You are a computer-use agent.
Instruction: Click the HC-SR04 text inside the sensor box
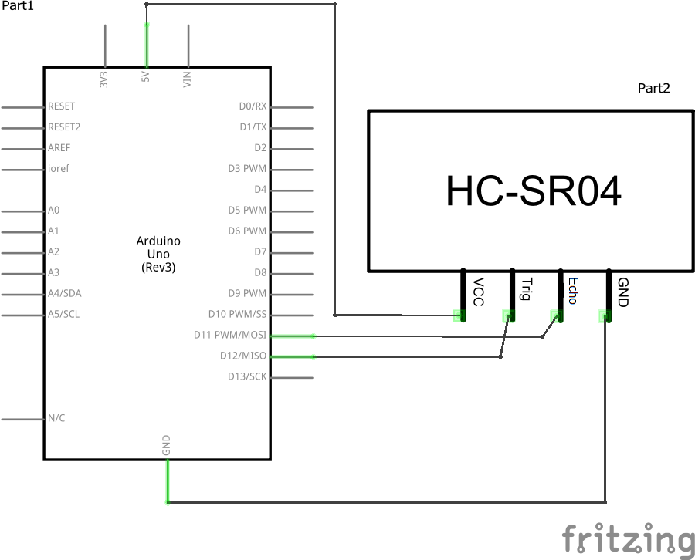(x=534, y=191)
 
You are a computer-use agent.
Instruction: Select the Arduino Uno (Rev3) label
(x=158, y=254)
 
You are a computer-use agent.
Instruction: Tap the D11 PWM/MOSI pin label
(x=230, y=335)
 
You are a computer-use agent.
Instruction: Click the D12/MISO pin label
(x=242, y=356)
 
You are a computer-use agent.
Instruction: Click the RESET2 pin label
(x=64, y=127)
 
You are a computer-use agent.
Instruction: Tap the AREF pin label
(x=59, y=148)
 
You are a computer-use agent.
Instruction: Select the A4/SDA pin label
(x=63, y=294)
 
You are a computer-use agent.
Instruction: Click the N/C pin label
(x=56, y=418)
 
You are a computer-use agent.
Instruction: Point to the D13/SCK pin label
(x=246, y=376)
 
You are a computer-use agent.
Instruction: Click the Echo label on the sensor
(x=572, y=291)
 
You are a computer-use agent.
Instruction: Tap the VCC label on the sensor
(x=478, y=292)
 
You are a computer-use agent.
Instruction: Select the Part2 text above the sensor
(x=653, y=88)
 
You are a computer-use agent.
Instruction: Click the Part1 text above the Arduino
(x=17, y=6)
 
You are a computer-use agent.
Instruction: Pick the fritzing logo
(x=627, y=538)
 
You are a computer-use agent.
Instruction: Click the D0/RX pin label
(x=253, y=106)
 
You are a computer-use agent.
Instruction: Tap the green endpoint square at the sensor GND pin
(x=605, y=315)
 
